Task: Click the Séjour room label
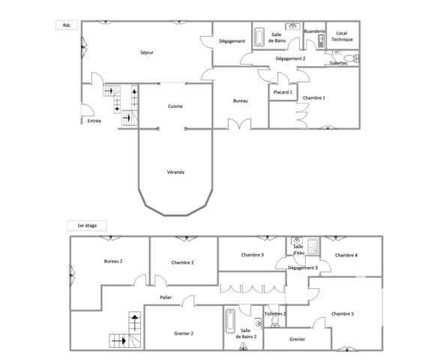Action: pos(147,52)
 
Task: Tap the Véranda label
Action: pos(175,172)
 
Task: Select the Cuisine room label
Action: pos(175,106)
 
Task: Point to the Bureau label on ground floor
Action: pos(240,101)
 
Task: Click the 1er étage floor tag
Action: pos(77,225)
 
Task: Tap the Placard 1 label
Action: pos(283,92)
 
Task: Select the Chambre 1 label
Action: pos(313,97)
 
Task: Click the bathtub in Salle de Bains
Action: pos(259,37)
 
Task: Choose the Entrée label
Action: pos(94,121)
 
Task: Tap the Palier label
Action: pos(167,298)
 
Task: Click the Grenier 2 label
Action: pos(183,333)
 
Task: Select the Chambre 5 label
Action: pos(342,313)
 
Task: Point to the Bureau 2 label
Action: pos(113,260)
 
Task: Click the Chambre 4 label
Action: pos(346,255)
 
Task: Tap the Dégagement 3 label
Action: pos(303,268)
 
